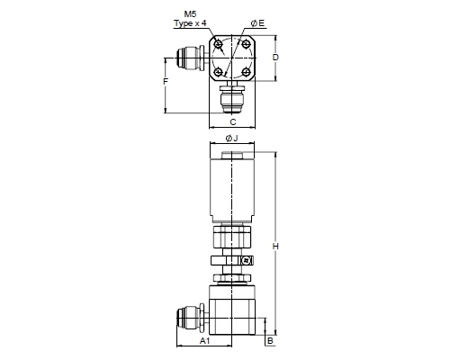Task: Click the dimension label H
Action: click(x=275, y=247)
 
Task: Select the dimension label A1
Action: click(x=205, y=340)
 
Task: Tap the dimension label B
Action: click(x=270, y=341)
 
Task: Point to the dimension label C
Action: click(x=233, y=122)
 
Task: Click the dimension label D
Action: click(x=275, y=57)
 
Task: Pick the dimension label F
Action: click(x=166, y=82)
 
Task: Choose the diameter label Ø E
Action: click(x=258, y=23)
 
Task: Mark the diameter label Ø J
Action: click(x=231, y=138)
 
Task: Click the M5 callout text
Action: click(x=190, y=14)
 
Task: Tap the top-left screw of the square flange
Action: click(x=218, y=45)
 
